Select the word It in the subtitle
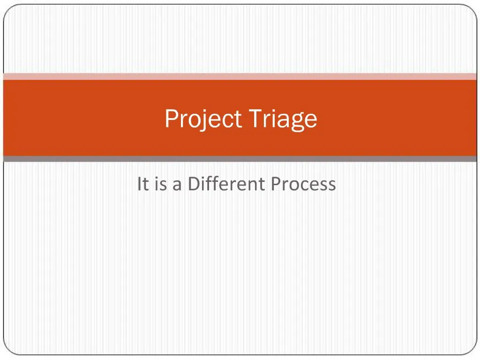click(142, 184)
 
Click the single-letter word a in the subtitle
click(177, 185)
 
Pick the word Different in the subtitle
click(226, 184)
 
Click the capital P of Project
click(171, 119)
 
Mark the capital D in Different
click(194, 184)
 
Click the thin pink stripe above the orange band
click(240, 76)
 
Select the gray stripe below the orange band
click(240, 159)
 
